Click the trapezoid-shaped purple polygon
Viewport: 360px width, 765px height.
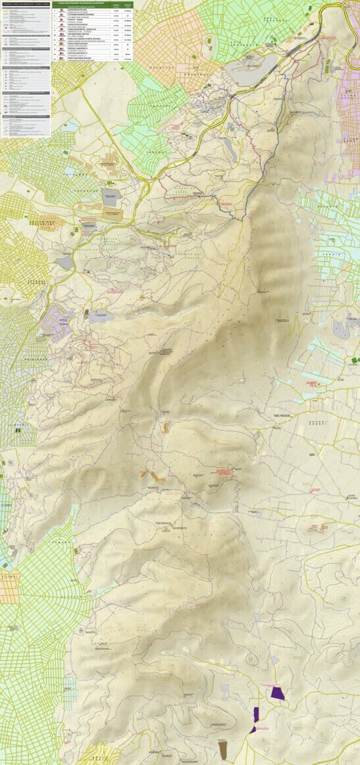pyautogui.click(x=277, y=693)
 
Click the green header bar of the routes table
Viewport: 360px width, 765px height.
pyautogui.click(x=92, y=3)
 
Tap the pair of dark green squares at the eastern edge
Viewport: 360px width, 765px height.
pyautogui.click(x=355, y=360)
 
